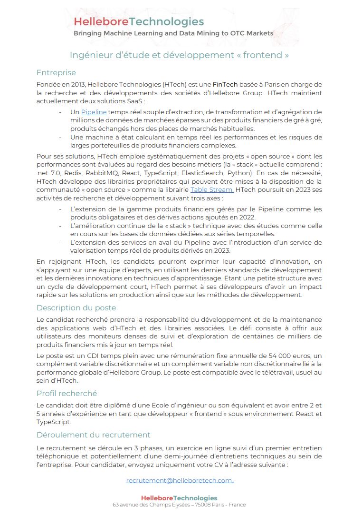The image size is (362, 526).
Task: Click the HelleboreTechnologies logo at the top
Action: click(139, 21)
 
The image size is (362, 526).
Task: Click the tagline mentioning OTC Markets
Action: click(173, 33)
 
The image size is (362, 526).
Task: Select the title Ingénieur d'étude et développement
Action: click(179, 55)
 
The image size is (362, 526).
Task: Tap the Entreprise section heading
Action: click(56, 73)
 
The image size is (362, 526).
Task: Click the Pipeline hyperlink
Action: click(94, 112)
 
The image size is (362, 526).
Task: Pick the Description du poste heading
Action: click(76, 308)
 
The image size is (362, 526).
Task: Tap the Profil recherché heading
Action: click(67, 393)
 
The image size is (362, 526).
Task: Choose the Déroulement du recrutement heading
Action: click(93, 435)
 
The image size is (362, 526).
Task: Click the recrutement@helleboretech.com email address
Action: click(179, 480)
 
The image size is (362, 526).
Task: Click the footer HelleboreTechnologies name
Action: click(179, 498)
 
